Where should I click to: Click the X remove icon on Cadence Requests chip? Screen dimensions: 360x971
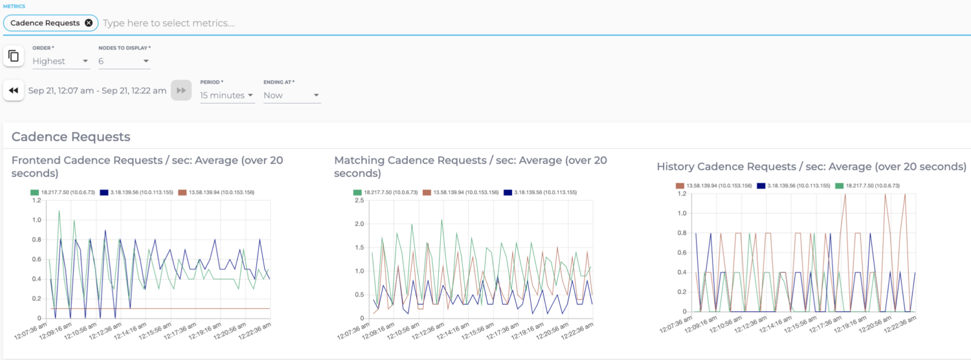[89, 23]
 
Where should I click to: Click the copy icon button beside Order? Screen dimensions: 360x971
[13, 56]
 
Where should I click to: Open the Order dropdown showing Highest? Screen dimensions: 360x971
[61, 61]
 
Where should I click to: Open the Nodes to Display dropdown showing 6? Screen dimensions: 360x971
[124, 61]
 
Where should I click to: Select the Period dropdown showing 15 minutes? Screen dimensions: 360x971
[227, 95]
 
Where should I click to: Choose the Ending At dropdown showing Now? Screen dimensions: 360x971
[291, 95]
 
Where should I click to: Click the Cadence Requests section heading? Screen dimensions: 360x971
[71, 137]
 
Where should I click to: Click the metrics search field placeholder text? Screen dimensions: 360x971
[168, 23]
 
